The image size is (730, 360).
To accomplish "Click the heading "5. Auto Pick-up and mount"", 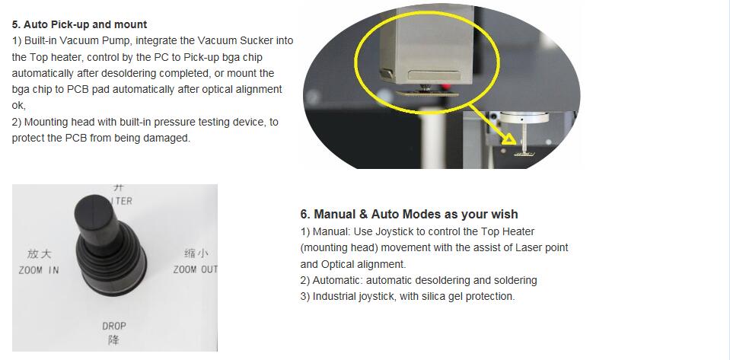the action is tap(79, 24).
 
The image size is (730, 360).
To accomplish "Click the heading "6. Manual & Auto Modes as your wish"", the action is tap(409, 214).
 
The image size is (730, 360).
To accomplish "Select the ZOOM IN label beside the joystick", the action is tap(39, 270).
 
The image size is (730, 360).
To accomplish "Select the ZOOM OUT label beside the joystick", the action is tap(195, 269).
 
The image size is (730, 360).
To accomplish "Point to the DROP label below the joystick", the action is tap(114, 326).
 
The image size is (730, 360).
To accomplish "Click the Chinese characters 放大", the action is tap(39, 253).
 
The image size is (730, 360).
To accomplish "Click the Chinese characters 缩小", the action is tap(196, 253).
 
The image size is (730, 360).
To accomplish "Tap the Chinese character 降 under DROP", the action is tap(114, 340).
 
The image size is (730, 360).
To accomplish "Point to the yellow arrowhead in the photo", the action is tap(509, 139).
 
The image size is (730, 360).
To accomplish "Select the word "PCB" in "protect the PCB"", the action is tap(76, 138).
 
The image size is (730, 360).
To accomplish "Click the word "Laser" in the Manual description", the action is tap(528, 248).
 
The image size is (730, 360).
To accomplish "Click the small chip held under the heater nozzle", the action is tap(427, 93).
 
